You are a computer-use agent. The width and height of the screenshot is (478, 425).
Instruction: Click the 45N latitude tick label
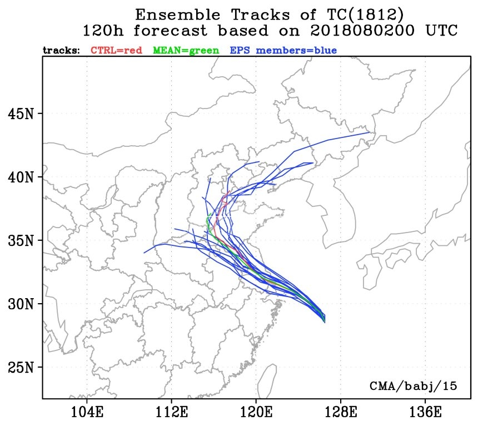22,114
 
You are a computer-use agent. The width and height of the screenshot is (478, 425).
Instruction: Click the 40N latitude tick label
22,177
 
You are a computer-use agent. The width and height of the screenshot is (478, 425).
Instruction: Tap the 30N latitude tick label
22,304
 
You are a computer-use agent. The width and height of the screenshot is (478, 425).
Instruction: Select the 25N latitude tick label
22,368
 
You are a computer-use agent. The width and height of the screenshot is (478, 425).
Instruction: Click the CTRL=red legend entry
117,50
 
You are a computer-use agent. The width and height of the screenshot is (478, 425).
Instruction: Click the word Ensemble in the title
175,13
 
